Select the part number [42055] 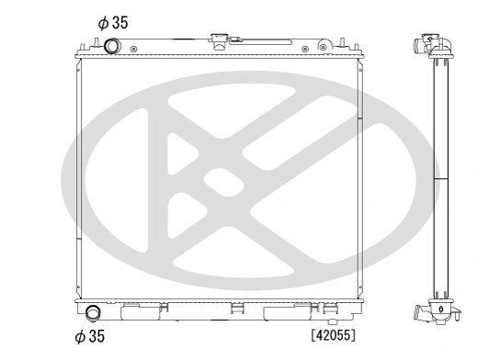(x=332, y=335)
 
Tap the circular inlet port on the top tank (x=112, y=46)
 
